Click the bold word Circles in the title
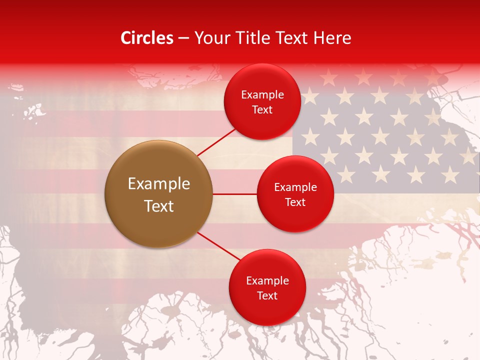pyautogui.click(x=146, y=38)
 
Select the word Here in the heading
pyautogui.click(x=332, y=38)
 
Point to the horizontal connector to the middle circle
pyautogui.click(x=234, y=194)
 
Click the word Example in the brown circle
pyautogui.click(x=159, y=184)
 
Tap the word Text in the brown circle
pyautogui.click(x=159, y=206)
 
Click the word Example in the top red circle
pyautogui.click(x=262, y=95)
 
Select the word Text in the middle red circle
pyautogui.click(x=295, y=202)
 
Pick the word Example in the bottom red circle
pyautogui.click(x=267, y=281)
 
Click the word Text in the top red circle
pyautogui.click(x=262, y=110)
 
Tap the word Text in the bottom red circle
pyautogui.click(x=267, y=296)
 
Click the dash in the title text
pyautogui.click(x=183, y=38)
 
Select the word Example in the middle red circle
pyautogui.click(x=295, y=187)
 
